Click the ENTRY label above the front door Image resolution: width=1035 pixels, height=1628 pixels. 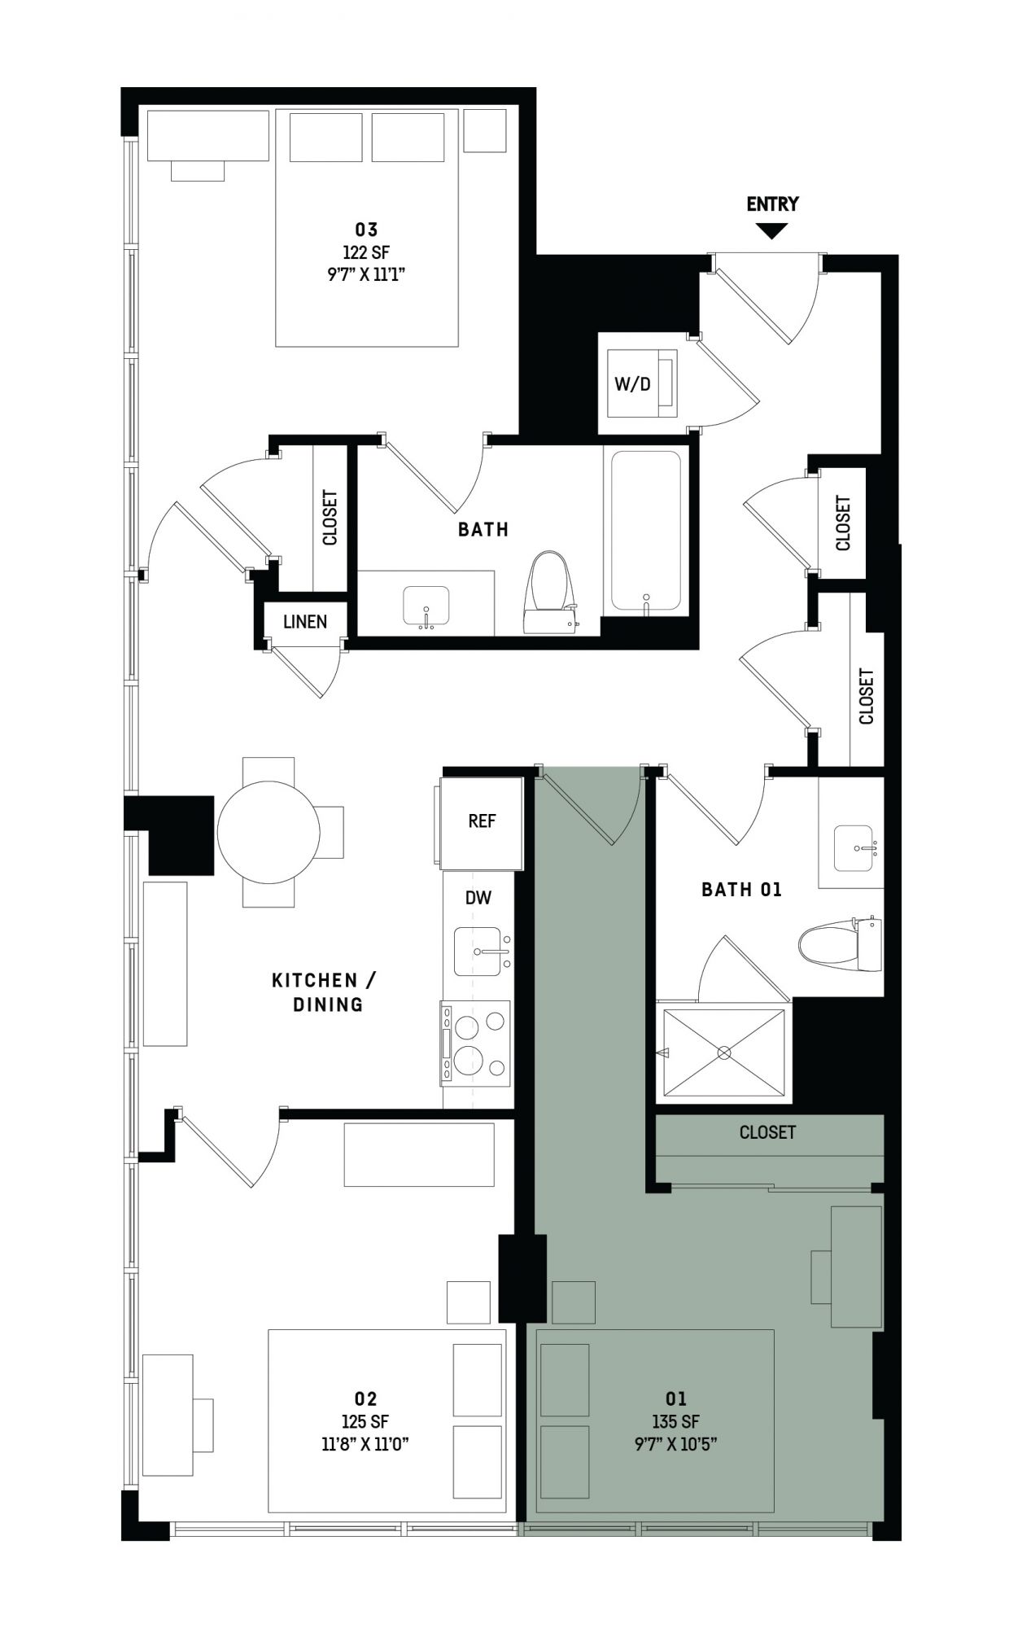point(772,203)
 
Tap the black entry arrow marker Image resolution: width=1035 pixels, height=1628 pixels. point(772,230)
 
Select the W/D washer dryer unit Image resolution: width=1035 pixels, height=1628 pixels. point(638,383)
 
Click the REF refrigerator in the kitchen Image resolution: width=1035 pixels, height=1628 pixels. point(481,822)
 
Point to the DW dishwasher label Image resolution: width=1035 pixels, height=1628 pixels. point(478,898)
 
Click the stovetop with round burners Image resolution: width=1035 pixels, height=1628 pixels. point(476,1043)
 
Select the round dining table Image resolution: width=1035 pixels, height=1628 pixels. point(268,832)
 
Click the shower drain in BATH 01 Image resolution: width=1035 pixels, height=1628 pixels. point(723,1053)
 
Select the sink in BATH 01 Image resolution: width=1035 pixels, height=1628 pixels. point(853,848)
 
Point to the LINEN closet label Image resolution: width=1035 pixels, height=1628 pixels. point(305,622)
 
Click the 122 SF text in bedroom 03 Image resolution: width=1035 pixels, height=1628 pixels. point(366,252)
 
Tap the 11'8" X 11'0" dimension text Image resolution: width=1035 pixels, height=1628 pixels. point(366,1444)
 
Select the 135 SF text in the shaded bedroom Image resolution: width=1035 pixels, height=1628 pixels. point(676,1421)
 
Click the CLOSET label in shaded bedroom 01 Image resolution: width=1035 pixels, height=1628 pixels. point(767,1132)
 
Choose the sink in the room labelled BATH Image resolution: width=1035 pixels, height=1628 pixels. point(426,606)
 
